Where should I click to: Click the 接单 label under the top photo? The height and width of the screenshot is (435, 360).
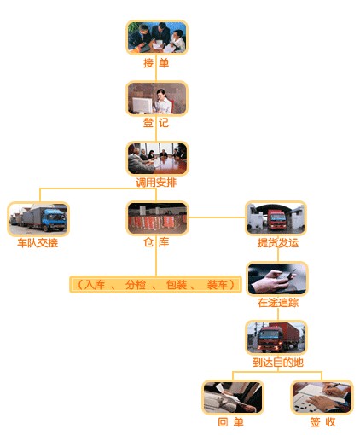tap(156, 63)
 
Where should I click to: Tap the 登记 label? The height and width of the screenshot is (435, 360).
tap(156, 123)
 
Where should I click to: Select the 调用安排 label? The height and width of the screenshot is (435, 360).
tap(156, 183)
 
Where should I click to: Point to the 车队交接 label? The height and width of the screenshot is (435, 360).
tap(38, 243)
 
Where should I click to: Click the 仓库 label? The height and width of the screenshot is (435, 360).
tap(156, 242)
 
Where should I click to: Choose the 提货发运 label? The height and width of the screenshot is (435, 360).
tap(278, 243)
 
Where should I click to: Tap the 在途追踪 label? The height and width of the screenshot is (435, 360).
tap(278, 303)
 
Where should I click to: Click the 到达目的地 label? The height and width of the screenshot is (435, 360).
tap(278, 362)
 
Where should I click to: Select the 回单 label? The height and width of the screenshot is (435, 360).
tap(230, 422)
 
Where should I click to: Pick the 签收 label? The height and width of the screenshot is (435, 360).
tap(322, 422)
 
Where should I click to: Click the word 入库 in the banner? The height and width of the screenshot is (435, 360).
tap(95, 284)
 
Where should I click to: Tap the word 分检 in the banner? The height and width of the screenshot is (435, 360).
tap(136, 284)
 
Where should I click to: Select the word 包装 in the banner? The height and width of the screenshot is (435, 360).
tap(177, 284)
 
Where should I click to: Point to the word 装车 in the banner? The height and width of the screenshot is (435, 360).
tap(218, 284)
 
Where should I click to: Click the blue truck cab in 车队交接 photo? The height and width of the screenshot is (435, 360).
tap(54, 219)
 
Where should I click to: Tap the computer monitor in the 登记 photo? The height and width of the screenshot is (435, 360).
tap(142, 105)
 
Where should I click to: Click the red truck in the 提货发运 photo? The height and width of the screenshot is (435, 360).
tap(277, 219)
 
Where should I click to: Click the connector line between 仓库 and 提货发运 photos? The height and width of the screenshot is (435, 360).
tap(217, 217)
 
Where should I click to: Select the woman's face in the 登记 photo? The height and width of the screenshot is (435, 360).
tap(162, 95)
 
